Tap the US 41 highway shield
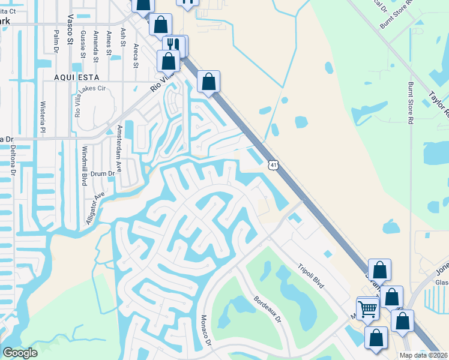pyautogui.click(x=273, y=165)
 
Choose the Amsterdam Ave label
pyautogui.click(x=119, y=148)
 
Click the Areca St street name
pyautogui.click(x=136, y=55)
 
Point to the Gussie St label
pyautogui.click(x=82, y=43)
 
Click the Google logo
pyautogui.click(x=20, y=353)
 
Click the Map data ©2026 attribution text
pyautogui.click(x=423, y=355)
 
